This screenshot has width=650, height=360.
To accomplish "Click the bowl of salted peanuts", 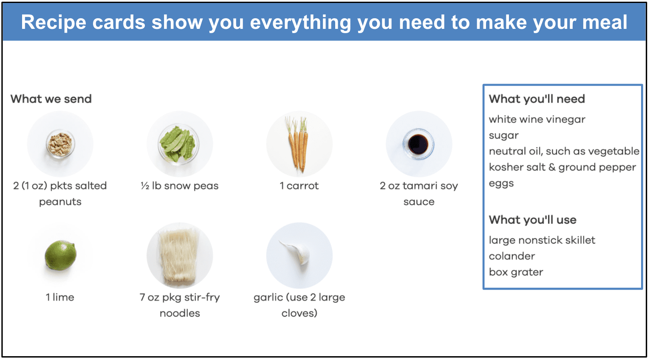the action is click(60, 144).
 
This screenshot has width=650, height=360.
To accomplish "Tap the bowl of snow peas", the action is click(179, 144).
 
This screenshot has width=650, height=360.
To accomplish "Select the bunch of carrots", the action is click(298, 144).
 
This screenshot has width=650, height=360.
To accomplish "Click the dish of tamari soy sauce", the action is click(418, 144).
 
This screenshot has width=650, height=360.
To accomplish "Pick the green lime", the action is click(61, 256).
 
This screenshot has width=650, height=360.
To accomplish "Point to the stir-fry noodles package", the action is click(180, 256).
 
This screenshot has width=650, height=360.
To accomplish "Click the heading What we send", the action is click(51, 99).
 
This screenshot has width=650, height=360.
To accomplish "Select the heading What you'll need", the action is click(537, 99).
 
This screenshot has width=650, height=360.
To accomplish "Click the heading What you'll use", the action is click(532, 220).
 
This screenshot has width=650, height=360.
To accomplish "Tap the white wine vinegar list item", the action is click(537, 119).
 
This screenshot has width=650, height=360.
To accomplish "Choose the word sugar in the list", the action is click(503, 135).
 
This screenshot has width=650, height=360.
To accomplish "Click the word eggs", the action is click(501, 183).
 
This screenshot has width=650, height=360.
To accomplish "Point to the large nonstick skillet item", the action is click(542, 240).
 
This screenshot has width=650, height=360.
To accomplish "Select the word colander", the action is click(512, 256).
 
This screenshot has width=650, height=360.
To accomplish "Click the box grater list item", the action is click(516, 272).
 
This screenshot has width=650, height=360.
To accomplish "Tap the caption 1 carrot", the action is click(299, 186).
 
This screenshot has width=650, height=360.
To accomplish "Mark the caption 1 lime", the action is click(60, 297).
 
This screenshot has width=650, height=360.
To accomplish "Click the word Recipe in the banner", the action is click(54, 22).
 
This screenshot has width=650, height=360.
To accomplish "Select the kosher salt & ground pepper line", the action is click(562, 167).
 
